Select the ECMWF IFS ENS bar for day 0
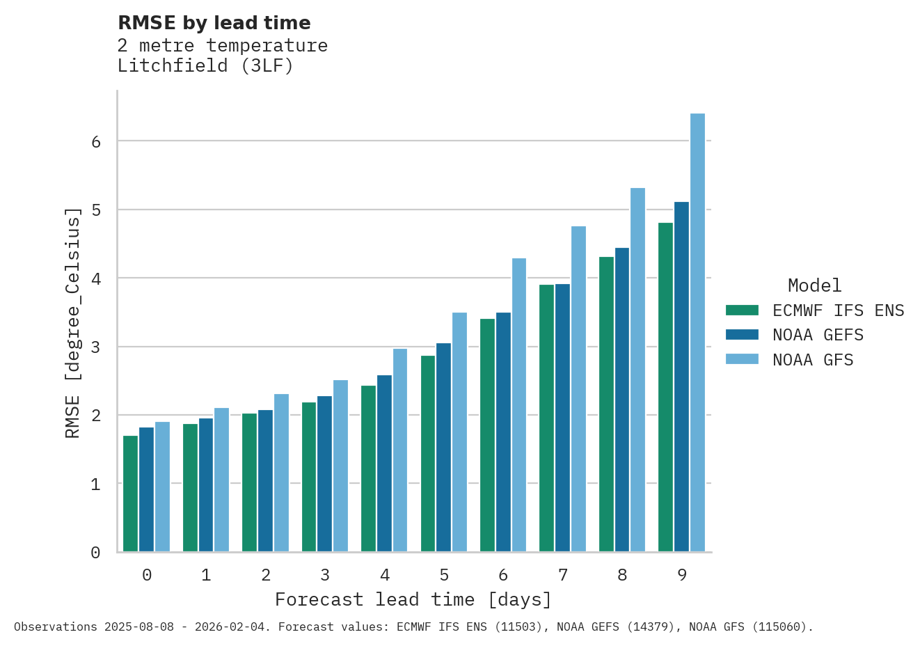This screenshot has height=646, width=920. pos(130,494)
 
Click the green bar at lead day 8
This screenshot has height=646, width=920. pos(606,404)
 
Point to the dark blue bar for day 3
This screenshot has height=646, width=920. pos(324,474)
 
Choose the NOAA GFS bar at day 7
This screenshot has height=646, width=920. pos(578,389)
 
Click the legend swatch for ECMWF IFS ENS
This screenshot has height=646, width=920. pos(741,310)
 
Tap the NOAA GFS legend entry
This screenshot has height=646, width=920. pos(812,360)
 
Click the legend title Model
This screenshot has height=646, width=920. pos(814,285)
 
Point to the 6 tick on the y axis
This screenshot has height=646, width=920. pos(96,141)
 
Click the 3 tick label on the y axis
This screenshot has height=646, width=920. pos(96,347)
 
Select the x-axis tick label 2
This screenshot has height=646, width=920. pos(266,575)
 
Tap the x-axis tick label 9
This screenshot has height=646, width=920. pos(681,575)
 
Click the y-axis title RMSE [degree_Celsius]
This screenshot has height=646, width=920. pos(72,322)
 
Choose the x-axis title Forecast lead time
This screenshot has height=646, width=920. pos(413,599)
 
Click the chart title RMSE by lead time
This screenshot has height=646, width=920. pos(214,23)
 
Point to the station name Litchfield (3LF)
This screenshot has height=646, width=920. pos(205,66)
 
